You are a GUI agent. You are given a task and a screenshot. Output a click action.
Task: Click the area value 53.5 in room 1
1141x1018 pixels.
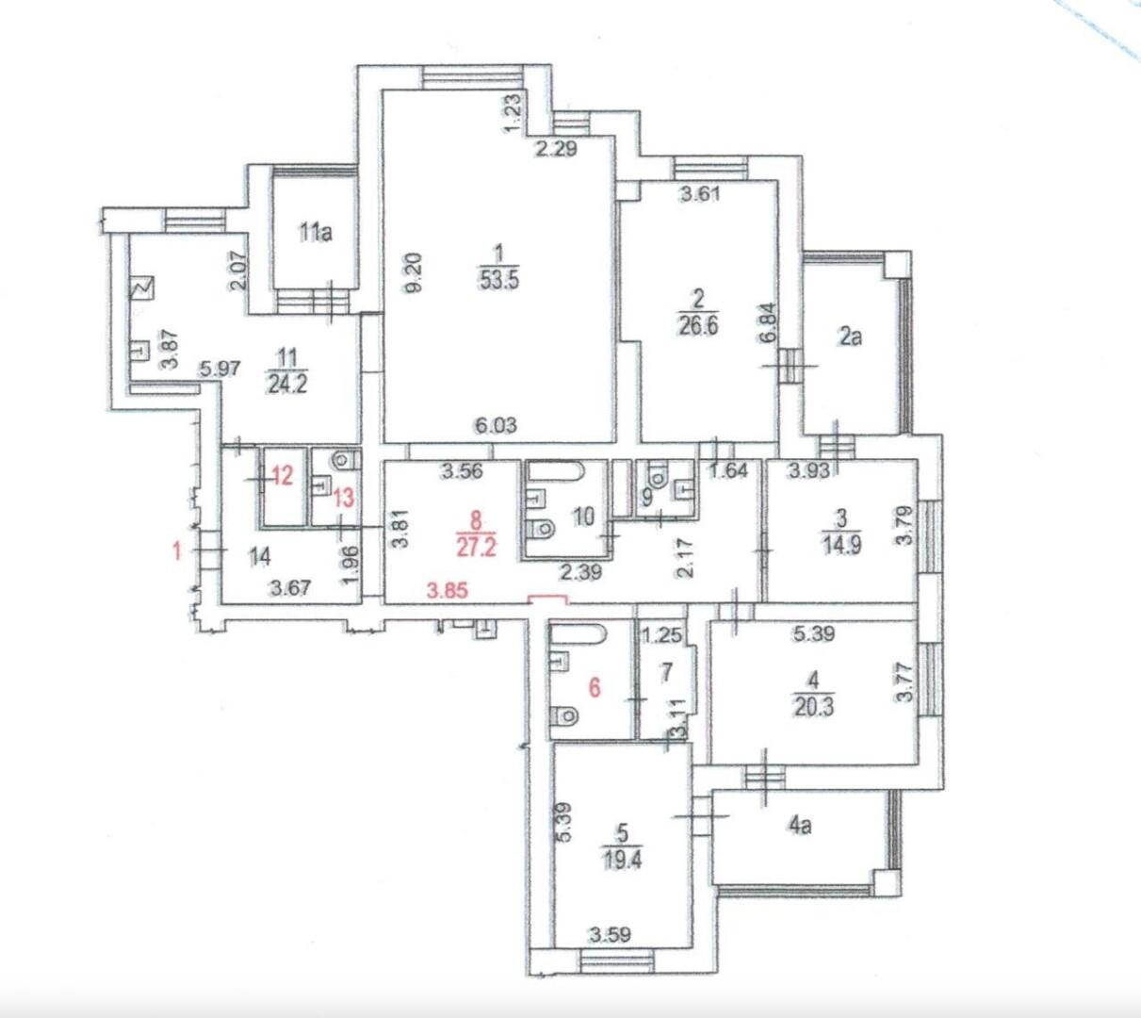(x=499, y=279)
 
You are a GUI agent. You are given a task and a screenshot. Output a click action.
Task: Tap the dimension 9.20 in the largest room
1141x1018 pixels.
(x=415, y=273)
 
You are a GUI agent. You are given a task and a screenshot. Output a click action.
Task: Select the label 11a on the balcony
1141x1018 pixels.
(x=316, y=232)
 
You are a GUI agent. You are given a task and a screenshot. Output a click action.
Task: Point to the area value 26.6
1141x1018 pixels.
(x=698, y=325)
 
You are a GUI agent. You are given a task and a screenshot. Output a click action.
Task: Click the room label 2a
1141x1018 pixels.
(x=851, y=337)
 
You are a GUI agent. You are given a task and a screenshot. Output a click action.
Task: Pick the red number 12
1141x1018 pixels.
(x=283, y=477)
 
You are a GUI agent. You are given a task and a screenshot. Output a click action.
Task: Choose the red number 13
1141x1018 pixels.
(x=344, y=498)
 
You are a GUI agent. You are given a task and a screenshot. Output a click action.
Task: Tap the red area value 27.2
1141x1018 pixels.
(x=477, y=547)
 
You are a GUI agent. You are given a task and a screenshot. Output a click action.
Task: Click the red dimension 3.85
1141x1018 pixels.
(x=448, y=590)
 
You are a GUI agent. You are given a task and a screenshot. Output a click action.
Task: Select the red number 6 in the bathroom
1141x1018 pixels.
(x=595, y=687)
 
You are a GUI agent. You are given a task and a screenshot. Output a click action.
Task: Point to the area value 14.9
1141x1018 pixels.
(x=841, y=546)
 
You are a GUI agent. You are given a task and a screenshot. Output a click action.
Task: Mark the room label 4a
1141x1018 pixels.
(x=800, y=826)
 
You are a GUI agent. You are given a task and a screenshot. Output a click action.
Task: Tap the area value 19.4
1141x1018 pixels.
(x=621, y=861)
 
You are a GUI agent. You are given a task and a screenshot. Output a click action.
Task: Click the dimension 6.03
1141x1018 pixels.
(x=496, y=425)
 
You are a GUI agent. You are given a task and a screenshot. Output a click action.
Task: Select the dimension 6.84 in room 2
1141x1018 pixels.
(x=768, y=322)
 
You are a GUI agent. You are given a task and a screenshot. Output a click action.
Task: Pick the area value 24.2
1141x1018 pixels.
(x=287, y=385)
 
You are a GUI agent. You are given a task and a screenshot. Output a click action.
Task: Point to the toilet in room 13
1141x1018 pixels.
(x=347, y=460)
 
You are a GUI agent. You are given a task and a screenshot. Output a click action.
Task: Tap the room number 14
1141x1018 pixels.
(x=260, y=557)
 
